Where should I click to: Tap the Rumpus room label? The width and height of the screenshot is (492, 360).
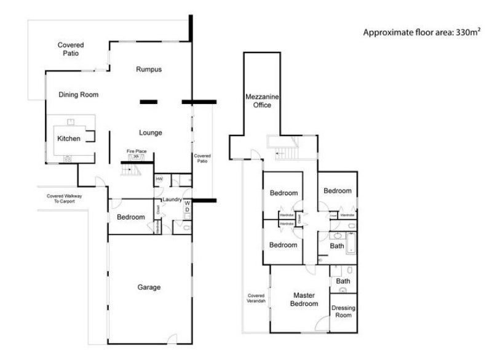click(x=148, y=70)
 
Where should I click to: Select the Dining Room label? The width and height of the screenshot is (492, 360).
click(x=78, y=95)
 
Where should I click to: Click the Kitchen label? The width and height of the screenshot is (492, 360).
click(x=68, y=139)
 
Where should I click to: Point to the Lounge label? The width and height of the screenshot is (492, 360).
click(x=150, y=132)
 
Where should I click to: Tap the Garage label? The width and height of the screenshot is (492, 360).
click(x=149, y=287)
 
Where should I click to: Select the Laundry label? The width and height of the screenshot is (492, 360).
click(x=170, y=200)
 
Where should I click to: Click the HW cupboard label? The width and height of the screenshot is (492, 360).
click(x=159, y=179)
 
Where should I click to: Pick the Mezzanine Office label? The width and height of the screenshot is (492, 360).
click(x=258, y=101)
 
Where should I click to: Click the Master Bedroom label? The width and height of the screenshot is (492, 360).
click(x=305, y=300)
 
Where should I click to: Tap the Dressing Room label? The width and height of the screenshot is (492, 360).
click(x=343, y=312)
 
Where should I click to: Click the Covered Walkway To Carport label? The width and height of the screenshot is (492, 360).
click(x=65, y=199)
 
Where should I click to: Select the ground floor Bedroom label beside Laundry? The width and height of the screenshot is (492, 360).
click(x=130, y=217)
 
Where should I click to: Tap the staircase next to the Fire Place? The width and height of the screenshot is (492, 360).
click(x=132, y=168)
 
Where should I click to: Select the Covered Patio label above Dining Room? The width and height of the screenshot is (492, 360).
click(x=71, y=49)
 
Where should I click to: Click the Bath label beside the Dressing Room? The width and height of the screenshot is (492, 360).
click(x=343, y=281)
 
